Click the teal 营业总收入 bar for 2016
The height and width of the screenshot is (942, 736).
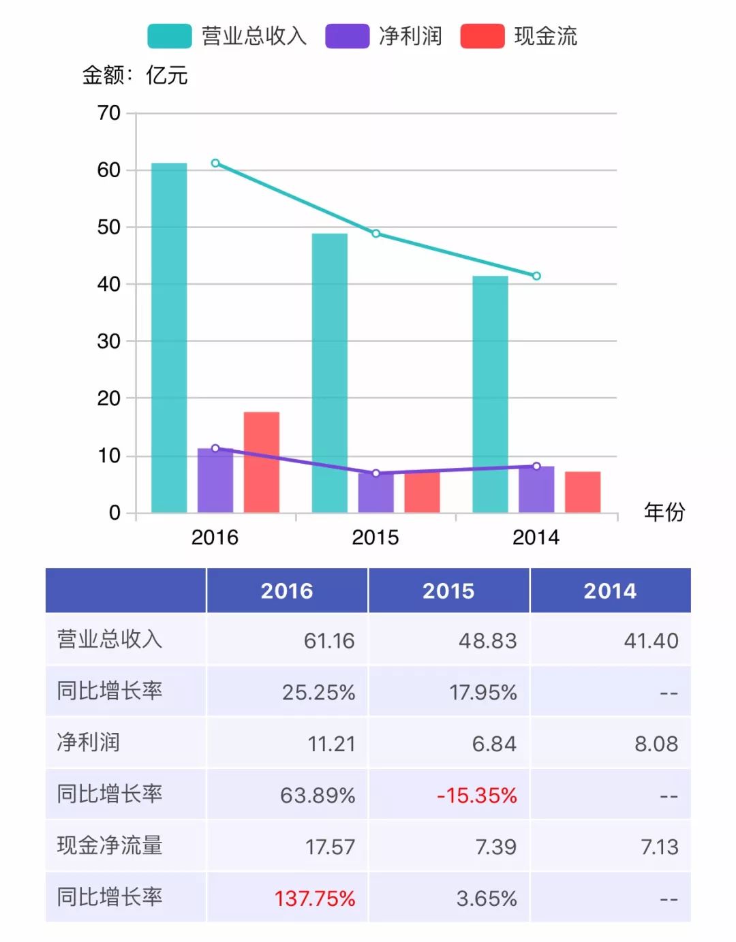point(169,337)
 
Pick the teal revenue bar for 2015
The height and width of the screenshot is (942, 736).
point(330,373)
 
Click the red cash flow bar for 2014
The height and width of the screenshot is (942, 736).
point(583,492)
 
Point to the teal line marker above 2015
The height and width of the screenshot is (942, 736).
point(375,234)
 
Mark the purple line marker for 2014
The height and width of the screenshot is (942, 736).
point(536,466)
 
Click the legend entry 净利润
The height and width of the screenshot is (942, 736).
point(384,36)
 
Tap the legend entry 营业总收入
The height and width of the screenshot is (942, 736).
point(227,36)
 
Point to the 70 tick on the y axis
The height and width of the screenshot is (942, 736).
point(109,113)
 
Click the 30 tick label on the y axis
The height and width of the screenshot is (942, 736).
point(109,341)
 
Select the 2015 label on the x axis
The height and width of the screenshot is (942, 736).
point(375,537)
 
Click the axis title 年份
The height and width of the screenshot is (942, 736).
point(664,512)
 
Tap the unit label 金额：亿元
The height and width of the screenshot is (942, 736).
point(135,75)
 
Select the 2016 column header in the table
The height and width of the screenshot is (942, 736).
point(287,591)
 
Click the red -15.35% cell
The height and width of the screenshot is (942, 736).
point(477,795)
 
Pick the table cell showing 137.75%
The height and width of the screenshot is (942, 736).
point(315,898)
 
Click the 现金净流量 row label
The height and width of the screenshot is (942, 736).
point(110,845)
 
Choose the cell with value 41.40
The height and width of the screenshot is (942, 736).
point(651,640)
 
